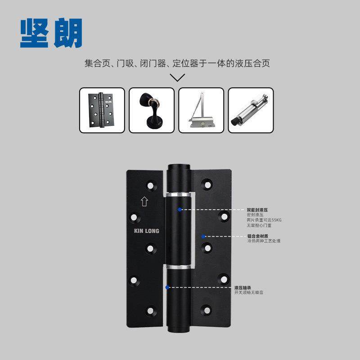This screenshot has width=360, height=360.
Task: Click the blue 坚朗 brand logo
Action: tap(51, 33)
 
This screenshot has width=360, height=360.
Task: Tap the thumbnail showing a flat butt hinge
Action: tap(102, 110)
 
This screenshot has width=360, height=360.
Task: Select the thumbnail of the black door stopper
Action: tap(152, 110)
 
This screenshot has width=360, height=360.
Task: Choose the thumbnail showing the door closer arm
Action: tap(201, 110)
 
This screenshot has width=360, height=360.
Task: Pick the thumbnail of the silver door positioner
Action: tap(251, 110)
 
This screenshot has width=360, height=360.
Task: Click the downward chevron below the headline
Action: tap(178, 77)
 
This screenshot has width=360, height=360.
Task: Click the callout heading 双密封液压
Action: tap(257, 210)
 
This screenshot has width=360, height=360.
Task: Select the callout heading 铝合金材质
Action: tap(257, 236)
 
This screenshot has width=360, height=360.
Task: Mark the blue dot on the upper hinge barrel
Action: tap(180, 210)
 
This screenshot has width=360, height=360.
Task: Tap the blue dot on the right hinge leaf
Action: tap(203, 236)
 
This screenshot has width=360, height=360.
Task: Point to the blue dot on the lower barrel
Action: tap(167, 287)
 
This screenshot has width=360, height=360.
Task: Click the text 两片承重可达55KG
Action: tap(264, 220)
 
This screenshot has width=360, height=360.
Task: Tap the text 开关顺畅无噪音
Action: tap(248, 292)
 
